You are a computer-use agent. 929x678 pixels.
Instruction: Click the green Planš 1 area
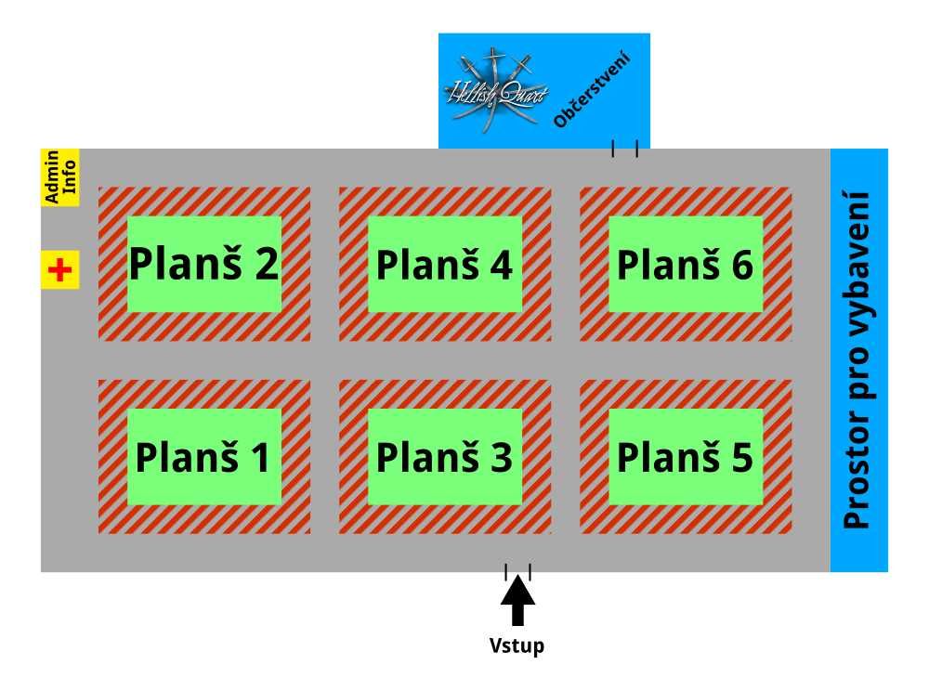pyautogui.click(x=203, y=456)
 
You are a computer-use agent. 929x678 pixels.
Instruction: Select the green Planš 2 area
pyautogui.click(x=203, y=264)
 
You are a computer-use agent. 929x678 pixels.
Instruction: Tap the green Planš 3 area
pyautogui.click(x=444, y=456)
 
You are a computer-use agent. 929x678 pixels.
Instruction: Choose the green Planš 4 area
pyautogui.click(x=444, y=264)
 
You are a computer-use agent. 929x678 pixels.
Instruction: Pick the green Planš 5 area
pyautogui.click(x=686, y=456)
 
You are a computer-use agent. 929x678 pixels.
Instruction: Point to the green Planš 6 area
pyautogui.click(x=686, y=264)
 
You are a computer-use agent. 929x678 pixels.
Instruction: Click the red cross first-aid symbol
pyautogui.click(x=60, y=270)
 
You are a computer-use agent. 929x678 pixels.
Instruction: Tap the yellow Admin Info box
pyautogui.click(x=59, y=177)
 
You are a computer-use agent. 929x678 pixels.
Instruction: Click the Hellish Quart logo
pyautogui.click(x=495, y=89)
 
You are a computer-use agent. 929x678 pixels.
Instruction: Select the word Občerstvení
pyautogui.click(x=593, y=90)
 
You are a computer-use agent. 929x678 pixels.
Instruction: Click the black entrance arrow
pyautogui.click(x=517, y=600)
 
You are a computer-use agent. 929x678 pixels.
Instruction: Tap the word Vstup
pyautogui.click(x=517, y=645)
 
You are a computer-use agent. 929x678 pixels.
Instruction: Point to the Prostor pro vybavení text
pyautogui.click(x=857, y=360)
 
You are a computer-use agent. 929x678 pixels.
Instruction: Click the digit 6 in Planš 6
pyautogui.click(x=741, y=266)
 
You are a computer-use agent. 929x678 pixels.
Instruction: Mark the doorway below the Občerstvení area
pyautogui.click(x=624, y=149)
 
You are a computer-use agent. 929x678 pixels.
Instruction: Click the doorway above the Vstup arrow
pyautogui.click(x=517, y=571)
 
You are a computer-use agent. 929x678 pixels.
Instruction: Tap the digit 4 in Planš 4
pyautogui.click(x=500, y=266)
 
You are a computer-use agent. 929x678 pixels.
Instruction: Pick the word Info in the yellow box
pyautogui.click(x=70, y=177)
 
